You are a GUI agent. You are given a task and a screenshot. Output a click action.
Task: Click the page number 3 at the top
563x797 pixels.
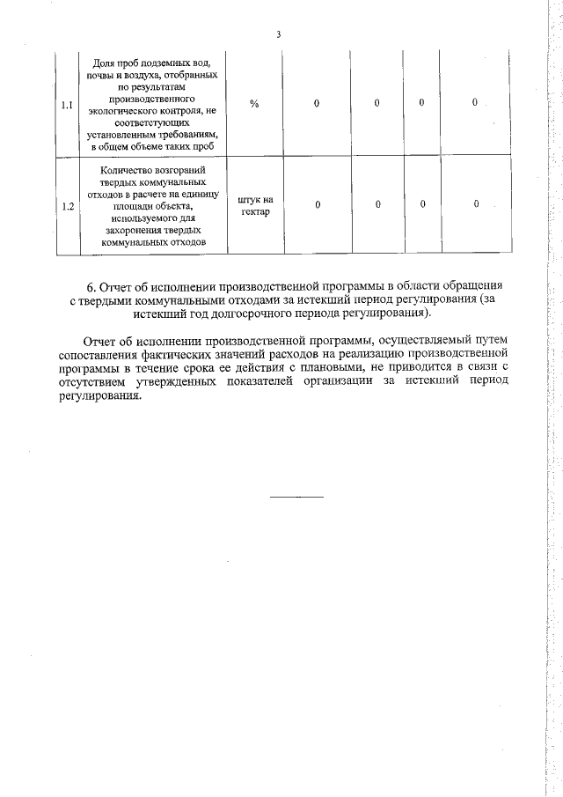tap(278, 35)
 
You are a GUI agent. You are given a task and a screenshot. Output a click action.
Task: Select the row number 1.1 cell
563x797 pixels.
tap(66, 105)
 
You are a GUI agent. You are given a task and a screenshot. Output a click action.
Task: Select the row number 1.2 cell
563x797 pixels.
tap(66, 206)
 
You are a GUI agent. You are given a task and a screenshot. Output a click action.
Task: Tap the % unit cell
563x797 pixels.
tap(254, 104)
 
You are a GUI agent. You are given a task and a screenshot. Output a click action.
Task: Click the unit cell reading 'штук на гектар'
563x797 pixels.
tap(255, 206)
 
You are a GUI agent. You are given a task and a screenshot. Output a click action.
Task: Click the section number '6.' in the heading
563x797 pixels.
tap(91, 287)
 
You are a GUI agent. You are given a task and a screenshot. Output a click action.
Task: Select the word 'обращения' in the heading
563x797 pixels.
tap(476, 287)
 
